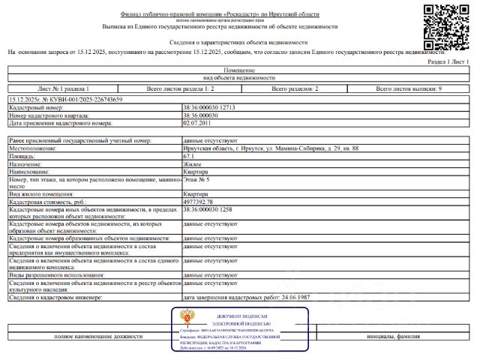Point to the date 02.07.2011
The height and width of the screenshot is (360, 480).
pos(199,123)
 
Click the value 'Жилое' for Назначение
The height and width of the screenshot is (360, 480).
pos(193,164)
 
